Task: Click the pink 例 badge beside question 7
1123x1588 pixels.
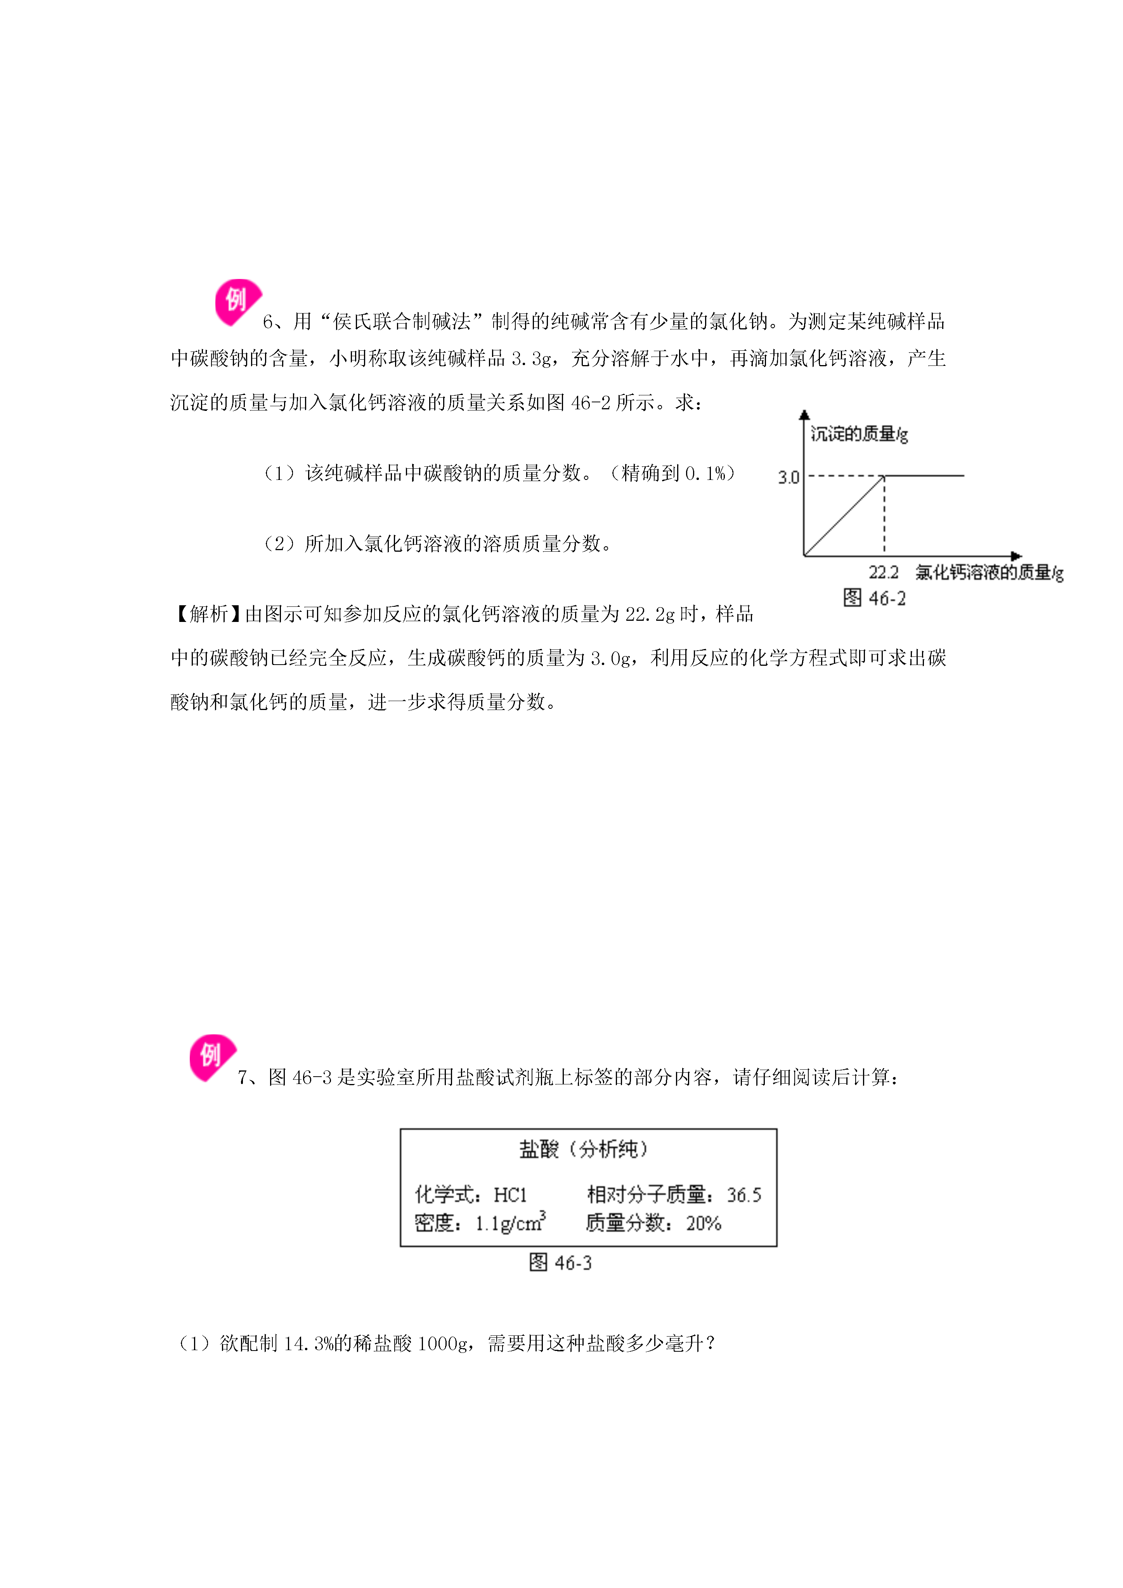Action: click(x=212, y=1058)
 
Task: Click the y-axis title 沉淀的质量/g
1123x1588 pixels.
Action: click(x=860, y=434)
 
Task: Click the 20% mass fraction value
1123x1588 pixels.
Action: click(x=704, y=1223)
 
